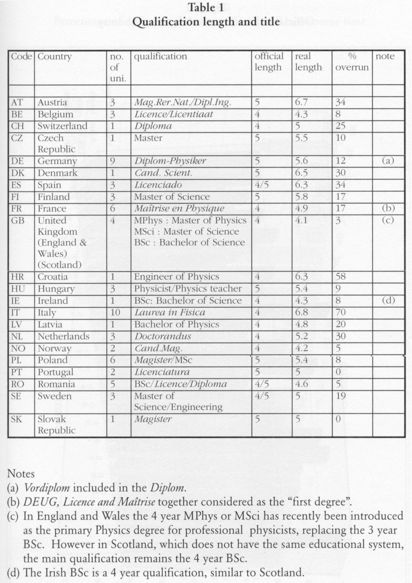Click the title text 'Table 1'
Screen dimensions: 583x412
coord(206,8)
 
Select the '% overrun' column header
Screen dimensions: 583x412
coord(352,62)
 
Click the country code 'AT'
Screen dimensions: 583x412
coord(17,102)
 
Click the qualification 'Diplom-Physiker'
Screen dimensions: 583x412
coord(170,161)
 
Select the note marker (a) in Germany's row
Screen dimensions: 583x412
coord(388,161)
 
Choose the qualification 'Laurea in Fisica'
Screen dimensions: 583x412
coord(170,312)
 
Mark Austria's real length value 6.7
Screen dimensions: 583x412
coord(301,102)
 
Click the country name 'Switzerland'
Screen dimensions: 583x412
coord(62,126)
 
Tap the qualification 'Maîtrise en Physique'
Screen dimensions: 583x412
coord(179,208)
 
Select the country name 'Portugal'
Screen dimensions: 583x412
coord(55,372)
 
